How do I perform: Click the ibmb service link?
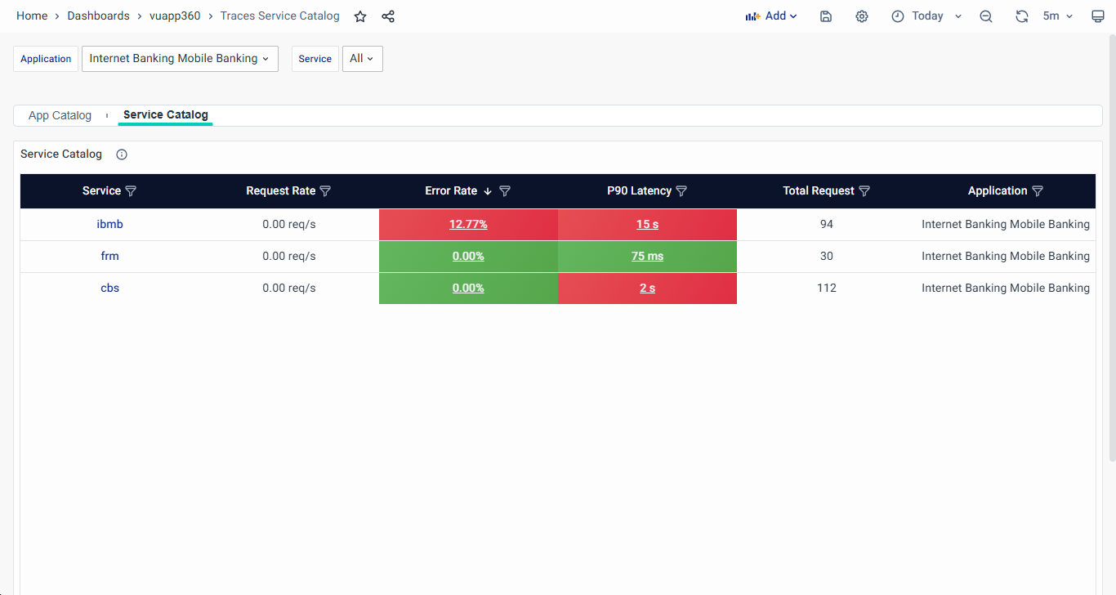[109, 224]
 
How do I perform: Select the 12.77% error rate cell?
[468, 224]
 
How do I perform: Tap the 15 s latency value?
[647, 224]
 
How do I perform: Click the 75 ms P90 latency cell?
[647, 256]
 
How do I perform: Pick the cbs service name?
[109, 288]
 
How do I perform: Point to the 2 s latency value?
[647, 288]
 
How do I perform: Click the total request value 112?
[826, 288]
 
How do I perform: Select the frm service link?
[109, 256]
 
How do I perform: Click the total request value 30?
[826, 256]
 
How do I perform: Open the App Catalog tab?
[60, 115]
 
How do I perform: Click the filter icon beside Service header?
[131, 191]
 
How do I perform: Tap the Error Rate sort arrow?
[488, 191]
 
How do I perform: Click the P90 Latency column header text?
[639, 190]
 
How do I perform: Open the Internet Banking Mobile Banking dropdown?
[180, 59]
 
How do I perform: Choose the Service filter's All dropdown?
[362, 59]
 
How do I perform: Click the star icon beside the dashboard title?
[360, 16]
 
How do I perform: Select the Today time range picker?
[926, 16]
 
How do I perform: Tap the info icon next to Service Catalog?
[122, 154]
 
